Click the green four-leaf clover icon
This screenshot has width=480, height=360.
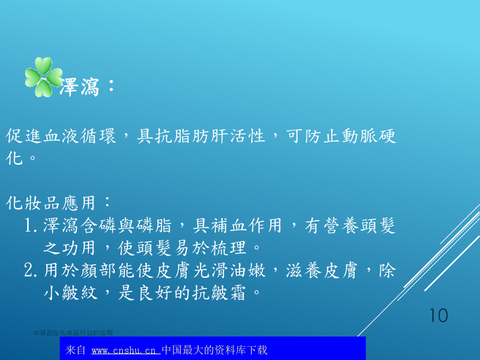click(x=44, y=77)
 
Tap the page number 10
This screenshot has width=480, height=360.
click(x=439, y=316)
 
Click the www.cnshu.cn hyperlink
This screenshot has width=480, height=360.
click(x=125, y=350)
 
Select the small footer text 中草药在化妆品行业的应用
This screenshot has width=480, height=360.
click(x=73, y=333)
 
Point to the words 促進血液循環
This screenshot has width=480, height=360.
click(x=61, y=136)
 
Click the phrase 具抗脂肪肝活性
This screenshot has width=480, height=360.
click(x=201, y=136)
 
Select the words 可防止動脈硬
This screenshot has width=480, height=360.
click(x=341, y=136)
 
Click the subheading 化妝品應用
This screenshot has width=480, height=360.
click(x=51, y=203)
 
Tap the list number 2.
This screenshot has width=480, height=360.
click(x=30, y=270)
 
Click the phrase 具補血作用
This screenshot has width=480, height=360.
click(x=237, y=226)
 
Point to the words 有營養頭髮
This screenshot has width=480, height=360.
click(x=350, y=226)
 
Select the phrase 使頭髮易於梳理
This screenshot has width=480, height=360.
click(x=182, y=248)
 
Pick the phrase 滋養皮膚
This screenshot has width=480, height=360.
click(x=322, y=270)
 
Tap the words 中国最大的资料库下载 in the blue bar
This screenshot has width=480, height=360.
click(x=214, y=350)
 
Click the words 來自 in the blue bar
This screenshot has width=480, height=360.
click(x=75, y=350)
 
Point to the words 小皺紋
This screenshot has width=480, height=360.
click(x=71, y=293)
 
